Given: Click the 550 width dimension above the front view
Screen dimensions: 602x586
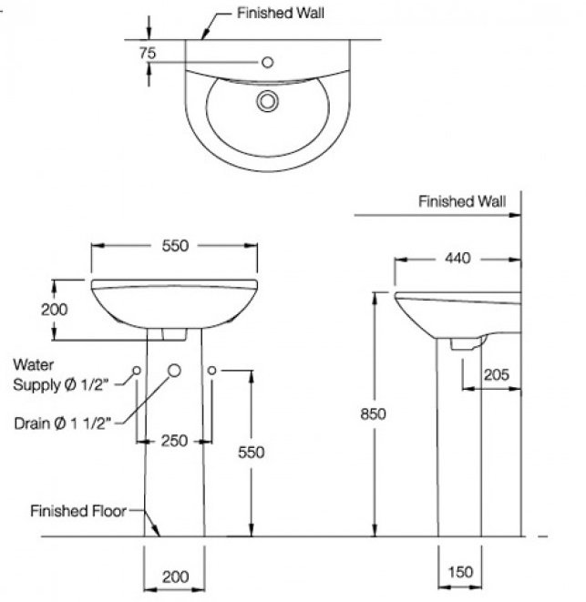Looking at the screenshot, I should [174, 246].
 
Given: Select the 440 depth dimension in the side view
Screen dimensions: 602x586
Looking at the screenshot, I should [457, 259].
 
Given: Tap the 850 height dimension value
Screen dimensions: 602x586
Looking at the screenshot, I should [374, 413].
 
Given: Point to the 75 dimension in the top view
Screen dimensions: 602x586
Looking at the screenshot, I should [148, 54].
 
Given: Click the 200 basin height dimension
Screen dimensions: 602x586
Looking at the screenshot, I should [55, 310].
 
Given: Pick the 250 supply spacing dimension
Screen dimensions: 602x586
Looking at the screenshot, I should [174, 441].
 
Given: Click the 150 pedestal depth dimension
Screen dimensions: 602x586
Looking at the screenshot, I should [460, 571].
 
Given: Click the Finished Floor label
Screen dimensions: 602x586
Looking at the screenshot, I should [77, 511].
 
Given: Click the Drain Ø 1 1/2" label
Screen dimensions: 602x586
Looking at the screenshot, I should [63, 423].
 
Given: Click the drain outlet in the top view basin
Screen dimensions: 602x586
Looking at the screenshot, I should [267, 100].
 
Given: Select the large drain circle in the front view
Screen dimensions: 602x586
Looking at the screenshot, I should [174, 370].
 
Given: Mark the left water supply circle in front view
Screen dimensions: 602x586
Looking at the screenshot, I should [136, 370].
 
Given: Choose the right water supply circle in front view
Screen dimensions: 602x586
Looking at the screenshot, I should [211, 370].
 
